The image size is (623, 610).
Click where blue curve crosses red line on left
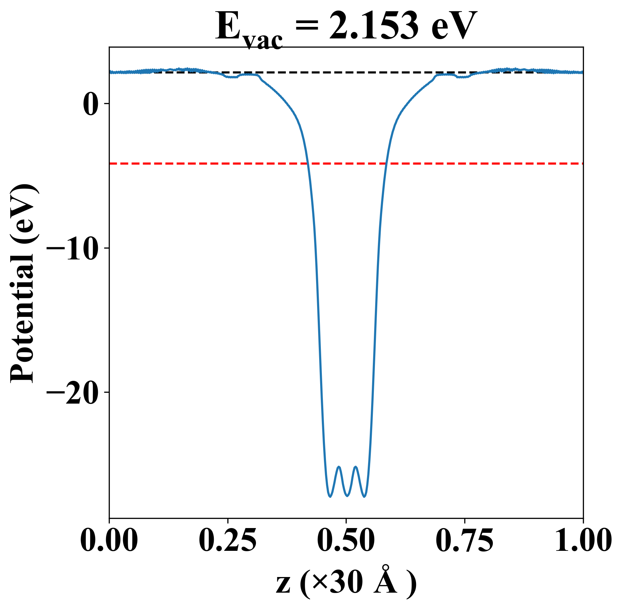point(307,164)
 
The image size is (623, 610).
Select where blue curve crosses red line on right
point(386,164)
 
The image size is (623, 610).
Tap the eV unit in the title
point(453,27)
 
